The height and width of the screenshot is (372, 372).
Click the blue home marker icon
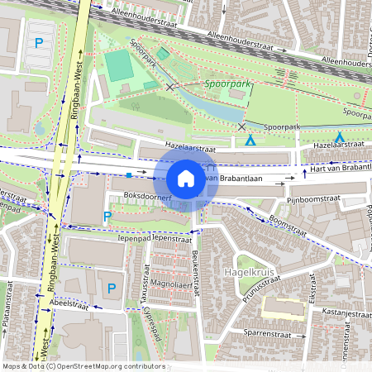[186, 179]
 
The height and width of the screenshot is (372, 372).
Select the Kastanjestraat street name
[345, 314]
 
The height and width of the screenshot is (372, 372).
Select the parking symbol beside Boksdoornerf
[107, 217]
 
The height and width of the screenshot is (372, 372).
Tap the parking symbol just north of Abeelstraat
[112, 288]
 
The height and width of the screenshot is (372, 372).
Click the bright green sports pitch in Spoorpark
[120, 64]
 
